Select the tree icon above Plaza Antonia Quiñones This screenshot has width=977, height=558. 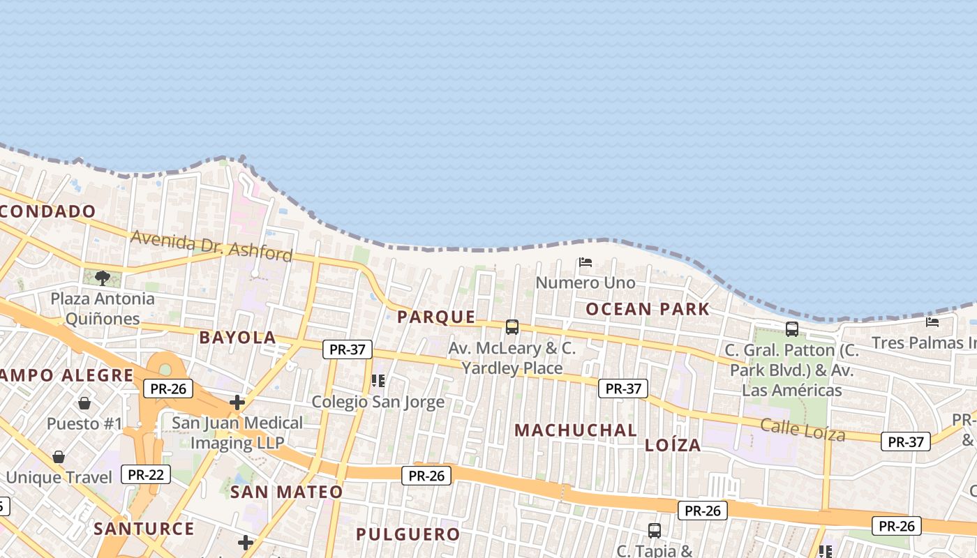tap(103, 278)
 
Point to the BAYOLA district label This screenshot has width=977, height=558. tap(237, 338)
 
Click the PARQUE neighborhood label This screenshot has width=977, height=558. tap(436, 317)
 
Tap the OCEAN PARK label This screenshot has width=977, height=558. tap(648, 309)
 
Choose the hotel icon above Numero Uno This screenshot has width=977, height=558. tap(586, 263)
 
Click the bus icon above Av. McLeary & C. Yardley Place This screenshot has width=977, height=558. tap(512, 327)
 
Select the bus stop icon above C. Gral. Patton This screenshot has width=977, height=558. tap(792, 329)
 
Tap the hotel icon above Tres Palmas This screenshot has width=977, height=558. tap(932, 322)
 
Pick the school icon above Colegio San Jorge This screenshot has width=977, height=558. tap(378, 381)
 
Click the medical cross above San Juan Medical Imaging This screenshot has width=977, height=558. tap(237, 402)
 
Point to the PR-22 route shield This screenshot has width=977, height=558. tap(146, 475)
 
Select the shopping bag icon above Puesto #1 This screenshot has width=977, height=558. tap(84, 403)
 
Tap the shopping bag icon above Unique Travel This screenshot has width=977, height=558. tap(59, 457)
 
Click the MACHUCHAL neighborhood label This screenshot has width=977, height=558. tap(576, 430)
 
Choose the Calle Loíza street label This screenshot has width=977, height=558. tap(803, 430)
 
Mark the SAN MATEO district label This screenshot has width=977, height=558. tap(286, 492)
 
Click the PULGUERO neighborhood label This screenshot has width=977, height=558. tap(408, 534)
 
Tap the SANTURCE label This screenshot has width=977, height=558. tap(144, 529)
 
